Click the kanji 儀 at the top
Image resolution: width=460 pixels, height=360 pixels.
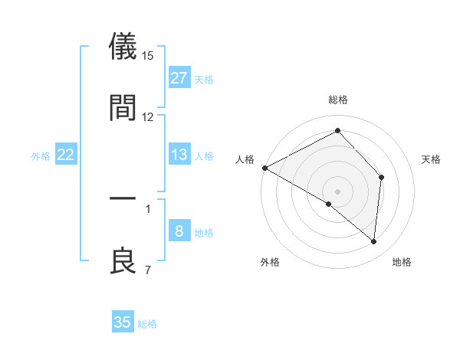123,47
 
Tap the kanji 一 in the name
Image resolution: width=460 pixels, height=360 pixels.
123,198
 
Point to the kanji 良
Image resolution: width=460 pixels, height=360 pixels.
123,260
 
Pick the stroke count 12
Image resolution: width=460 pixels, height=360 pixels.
148,116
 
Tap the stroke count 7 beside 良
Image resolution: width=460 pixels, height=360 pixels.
148,269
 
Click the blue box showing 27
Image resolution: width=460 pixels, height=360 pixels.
179,78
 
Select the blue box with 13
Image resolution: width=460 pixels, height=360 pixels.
179,155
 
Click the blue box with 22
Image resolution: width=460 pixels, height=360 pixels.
66,155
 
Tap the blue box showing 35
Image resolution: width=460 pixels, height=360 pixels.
123,322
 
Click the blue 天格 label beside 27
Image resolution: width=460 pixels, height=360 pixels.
204,79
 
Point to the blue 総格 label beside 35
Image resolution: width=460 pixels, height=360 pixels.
147,324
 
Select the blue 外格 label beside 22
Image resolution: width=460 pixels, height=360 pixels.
41,156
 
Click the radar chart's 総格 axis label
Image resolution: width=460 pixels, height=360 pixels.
338,100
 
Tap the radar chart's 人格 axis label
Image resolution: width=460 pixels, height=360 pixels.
245,159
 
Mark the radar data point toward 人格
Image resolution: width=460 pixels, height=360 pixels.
264,168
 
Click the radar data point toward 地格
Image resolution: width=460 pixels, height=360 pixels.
373,241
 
